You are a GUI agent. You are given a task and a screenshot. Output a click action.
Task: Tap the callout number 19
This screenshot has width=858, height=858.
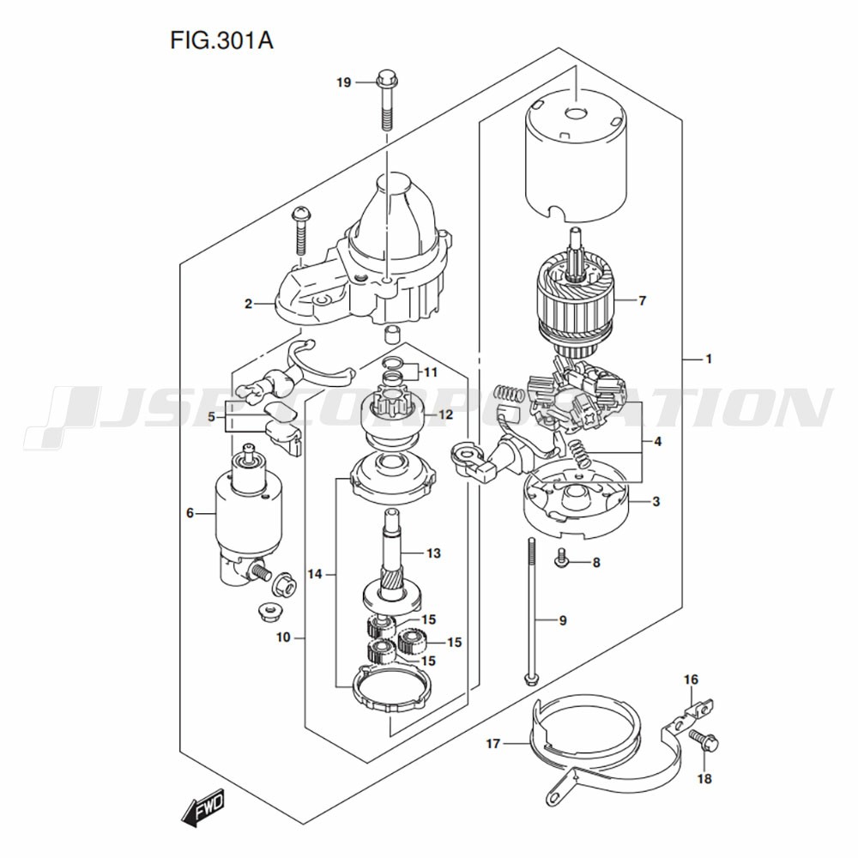coord(343,82)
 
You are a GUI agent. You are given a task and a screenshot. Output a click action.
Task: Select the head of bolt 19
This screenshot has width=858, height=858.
coord(385,82)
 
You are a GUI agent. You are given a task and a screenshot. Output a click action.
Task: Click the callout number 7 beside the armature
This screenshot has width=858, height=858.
coord(642,300)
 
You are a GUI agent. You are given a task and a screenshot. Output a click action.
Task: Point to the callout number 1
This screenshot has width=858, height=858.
coord(709,359)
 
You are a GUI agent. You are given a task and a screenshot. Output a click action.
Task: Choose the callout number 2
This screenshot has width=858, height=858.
coord(247,303)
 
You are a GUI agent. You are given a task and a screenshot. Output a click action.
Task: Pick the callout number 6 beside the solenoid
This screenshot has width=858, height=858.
coord(190,513)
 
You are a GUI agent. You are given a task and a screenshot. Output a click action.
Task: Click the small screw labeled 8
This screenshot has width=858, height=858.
coord(560,560)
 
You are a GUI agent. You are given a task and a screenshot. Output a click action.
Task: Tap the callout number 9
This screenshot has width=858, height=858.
coord(563,619)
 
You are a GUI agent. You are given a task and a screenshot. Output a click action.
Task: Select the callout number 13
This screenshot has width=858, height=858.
coord(433,553)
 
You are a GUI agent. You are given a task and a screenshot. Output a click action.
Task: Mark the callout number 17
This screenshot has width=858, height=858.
coord(492,744)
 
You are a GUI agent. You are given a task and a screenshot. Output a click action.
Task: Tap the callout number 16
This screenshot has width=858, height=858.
coord(691,680)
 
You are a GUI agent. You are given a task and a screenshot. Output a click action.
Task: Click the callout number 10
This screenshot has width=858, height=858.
coord(285,637)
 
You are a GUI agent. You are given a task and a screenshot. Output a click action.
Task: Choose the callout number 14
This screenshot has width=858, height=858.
coord(315,573)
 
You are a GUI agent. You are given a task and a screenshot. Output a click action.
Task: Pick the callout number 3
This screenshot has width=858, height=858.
coord(656,502)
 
